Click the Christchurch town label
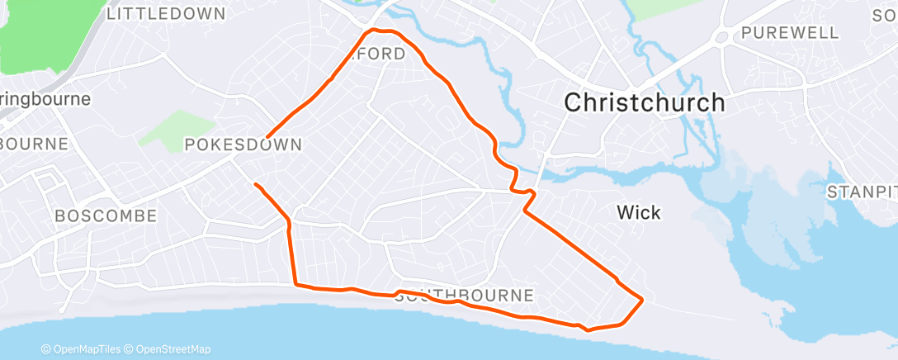tap(644, 102)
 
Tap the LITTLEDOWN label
tap(166, 14)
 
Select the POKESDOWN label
tap(243, 144)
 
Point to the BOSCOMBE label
tap(106, 216)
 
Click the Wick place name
tap(639, 213)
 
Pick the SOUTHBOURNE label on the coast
tap(465, 296)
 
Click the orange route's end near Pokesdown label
tap(268, 136)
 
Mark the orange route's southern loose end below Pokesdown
tap(255, 184)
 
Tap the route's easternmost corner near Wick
tap(642, 299)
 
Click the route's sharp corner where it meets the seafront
tap(295, 286)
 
